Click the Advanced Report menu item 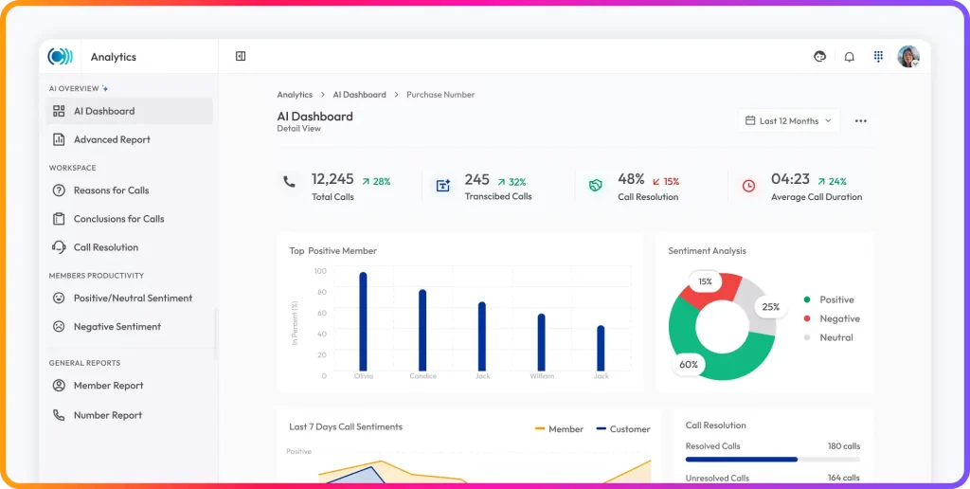[101, 139]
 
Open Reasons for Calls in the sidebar [101, 190]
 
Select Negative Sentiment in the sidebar [106, 326]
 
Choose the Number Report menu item [98, 415]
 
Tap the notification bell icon [850, 57]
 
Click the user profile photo [908, 56]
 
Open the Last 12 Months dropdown [789, 120]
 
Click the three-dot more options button [860, 120]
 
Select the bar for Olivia [363, 321]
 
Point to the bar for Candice [422, 330]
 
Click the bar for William [541, 342]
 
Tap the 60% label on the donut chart [689, 365]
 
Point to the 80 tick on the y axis [322, 292]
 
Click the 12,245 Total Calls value [332, 179]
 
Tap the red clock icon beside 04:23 [748, 186]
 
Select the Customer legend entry [623, 429]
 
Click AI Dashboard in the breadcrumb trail [359, 95]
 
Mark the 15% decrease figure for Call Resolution [666, 181]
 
